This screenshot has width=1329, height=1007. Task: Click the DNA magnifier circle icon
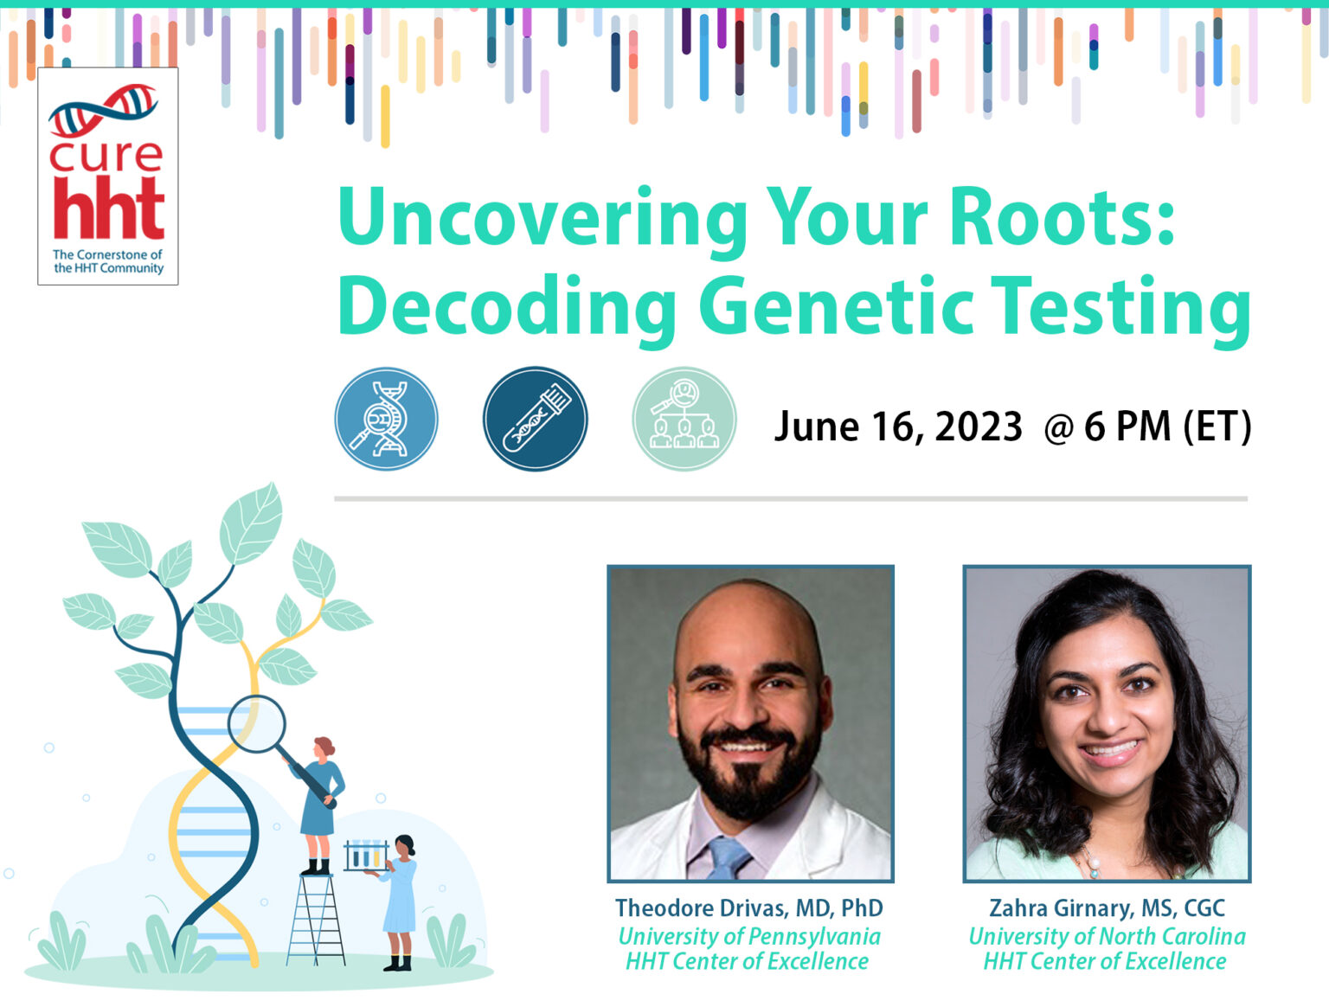click(x=386, y=419)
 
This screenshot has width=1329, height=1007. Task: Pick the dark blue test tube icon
click(x=535, y=419)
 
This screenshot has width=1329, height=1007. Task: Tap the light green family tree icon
click(x=684, y=419)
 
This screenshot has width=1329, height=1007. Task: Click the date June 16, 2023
click(x=898, y=427)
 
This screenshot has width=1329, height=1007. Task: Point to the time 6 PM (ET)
click(x=1167, y=427)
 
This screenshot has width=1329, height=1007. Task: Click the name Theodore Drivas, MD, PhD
click(x=748, y=908)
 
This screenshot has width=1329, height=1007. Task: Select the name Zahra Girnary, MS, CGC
click(x=1107, y=908)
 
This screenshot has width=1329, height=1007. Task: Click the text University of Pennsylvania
click(x=748, y=936)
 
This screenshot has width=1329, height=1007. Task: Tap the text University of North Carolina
click(x=1107, y=936)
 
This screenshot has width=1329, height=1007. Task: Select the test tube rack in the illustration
click(x=365, y=856)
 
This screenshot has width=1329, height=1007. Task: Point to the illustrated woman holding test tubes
click(x=400, y=900)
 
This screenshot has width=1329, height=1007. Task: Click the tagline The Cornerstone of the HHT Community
click(x=107, y=261)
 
